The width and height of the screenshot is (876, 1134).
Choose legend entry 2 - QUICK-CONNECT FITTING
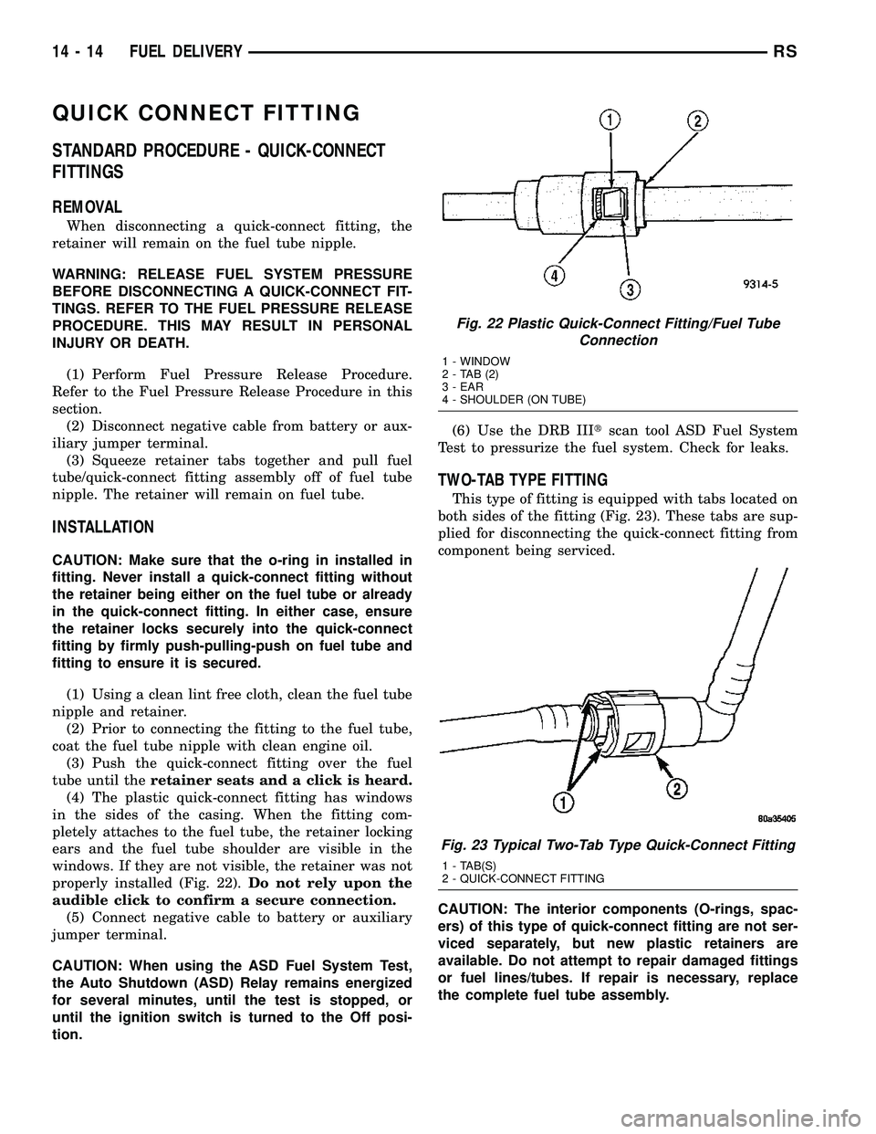click(x=522, y=877)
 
